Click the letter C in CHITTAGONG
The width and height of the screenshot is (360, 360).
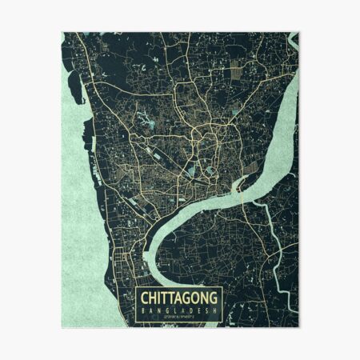point(145,298)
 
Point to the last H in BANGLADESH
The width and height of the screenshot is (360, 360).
point(214,310)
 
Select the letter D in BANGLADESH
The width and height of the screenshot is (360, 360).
point(184,310)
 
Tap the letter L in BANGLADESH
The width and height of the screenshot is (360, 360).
point(169,310)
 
